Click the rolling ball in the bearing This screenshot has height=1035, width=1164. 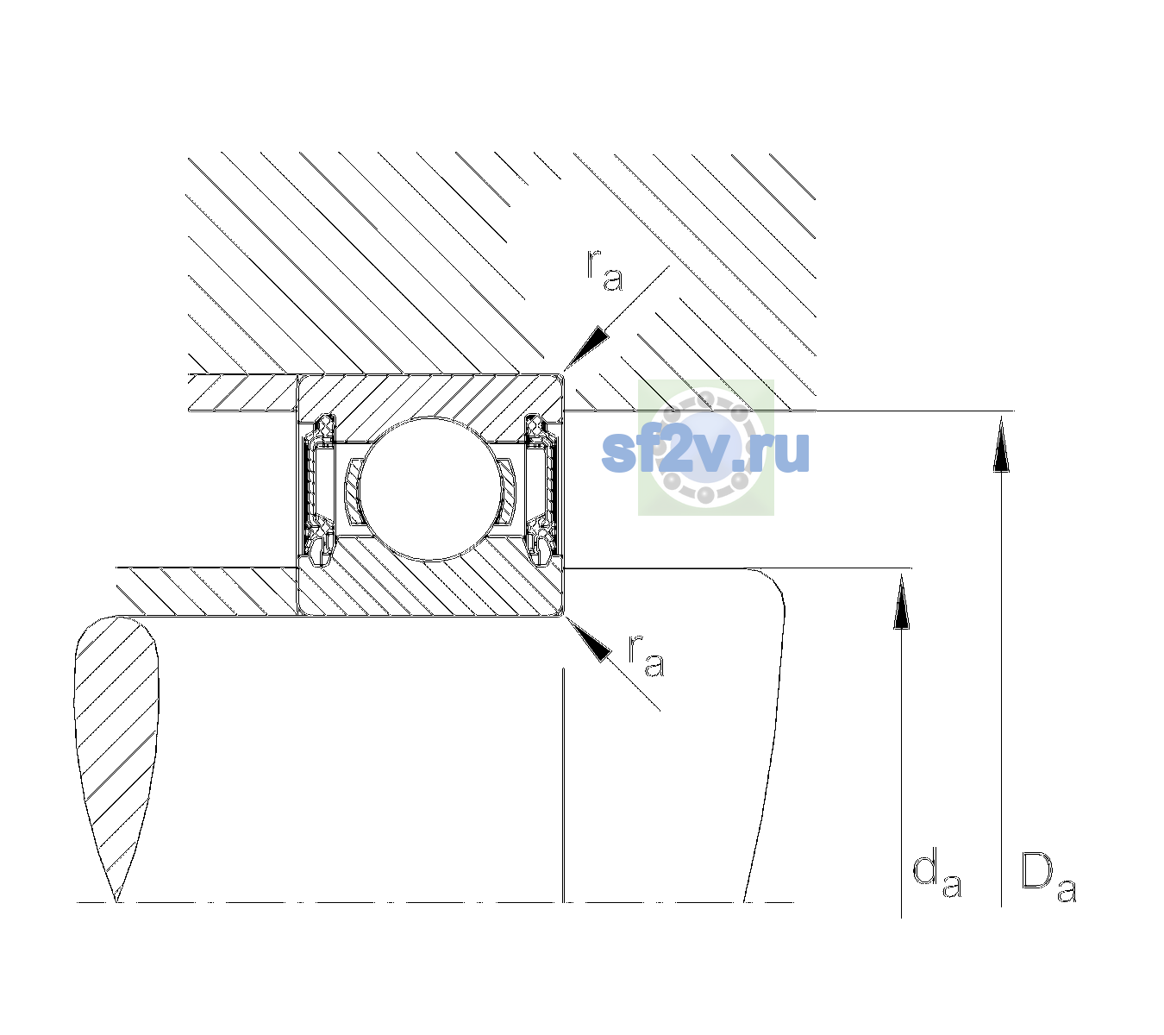click(x=429, y=488)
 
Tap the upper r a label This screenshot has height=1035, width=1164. click(x=604, y=270)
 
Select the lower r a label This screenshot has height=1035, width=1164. click(x=647, y=655)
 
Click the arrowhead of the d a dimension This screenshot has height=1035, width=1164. click(x=901, y=599)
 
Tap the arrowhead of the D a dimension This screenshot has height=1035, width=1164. click(x=1001, y=443)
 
